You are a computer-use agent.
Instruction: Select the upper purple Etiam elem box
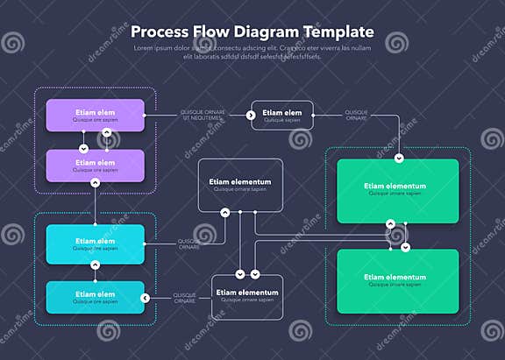(x=95, y=116)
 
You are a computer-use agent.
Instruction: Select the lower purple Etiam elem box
(x=95, y=166)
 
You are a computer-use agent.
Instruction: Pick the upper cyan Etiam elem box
(x=95, y=244)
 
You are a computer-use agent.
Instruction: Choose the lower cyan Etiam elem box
(x=95, y=297)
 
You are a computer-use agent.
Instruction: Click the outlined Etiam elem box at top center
(x=282, y=116)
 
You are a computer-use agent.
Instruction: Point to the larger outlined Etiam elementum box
(x=240, y=185)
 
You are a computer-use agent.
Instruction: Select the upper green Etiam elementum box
(x=398, y=189)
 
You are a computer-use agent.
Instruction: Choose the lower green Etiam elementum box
(x=398, y=280)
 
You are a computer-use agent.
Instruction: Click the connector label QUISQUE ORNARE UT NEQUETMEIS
(x=203, y=116)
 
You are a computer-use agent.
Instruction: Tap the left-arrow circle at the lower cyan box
(x=146, y=298)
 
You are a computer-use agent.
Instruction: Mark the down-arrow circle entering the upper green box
(x=398, y=159)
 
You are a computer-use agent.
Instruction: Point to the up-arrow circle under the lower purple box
(x=95, y=182)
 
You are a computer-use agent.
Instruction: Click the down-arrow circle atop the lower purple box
(x=84, y=149)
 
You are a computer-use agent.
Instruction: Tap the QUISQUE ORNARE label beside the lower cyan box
(x=184, y=298)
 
